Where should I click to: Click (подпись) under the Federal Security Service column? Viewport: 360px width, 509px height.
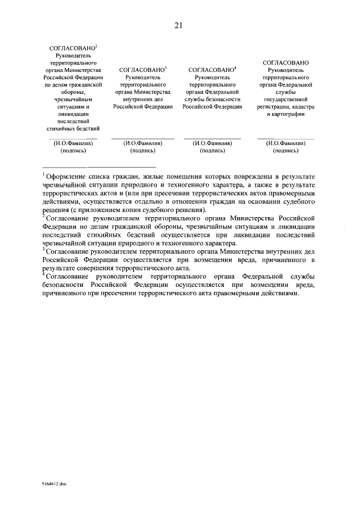[212, 151]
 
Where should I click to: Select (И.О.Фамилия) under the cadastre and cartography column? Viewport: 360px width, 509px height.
[286, 143]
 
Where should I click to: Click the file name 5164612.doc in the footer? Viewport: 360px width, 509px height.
[53, 483]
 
